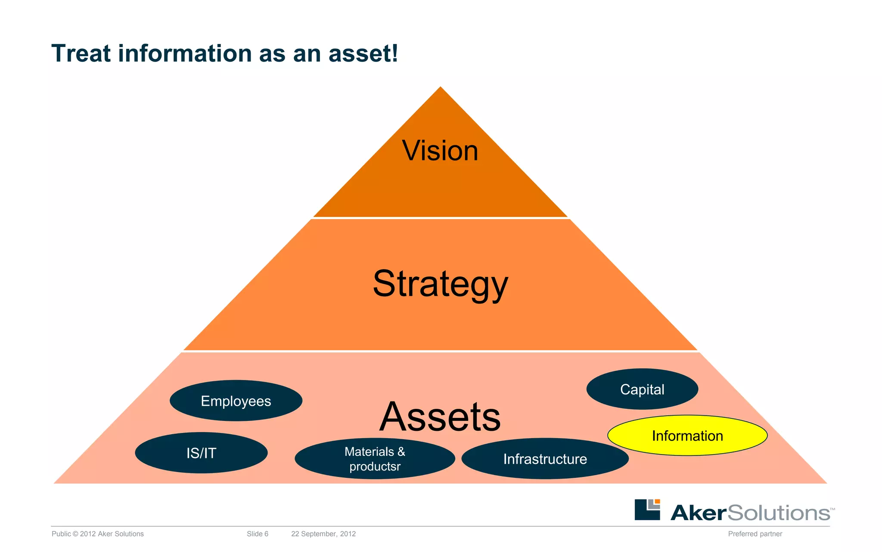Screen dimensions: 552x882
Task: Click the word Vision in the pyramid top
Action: click(440, 151)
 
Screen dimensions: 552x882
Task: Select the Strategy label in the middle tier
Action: click(440, 284)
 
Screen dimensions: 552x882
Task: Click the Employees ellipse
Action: click(236, 401)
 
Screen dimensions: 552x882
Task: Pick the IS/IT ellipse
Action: click(201, 453)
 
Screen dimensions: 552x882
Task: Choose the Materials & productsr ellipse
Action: click(375, 459)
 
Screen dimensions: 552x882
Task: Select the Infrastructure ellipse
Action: click(545, 459)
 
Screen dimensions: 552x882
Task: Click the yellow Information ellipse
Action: click(687, 436)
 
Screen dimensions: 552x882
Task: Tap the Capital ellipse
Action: click(642, 389)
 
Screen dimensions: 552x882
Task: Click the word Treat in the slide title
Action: click(81, 53)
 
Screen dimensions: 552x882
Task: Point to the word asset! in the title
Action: click(363, 53)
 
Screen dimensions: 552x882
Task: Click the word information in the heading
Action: click(185, 53)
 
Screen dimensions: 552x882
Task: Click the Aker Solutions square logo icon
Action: click(647, 510)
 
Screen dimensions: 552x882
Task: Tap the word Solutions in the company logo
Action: click(779, 513)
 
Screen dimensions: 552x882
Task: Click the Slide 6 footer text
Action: click(258, 534)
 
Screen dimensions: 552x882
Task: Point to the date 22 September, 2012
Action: click(323, 534)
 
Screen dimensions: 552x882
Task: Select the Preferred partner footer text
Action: click(755, 534)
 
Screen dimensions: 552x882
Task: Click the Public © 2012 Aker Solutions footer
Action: click(98, 534)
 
